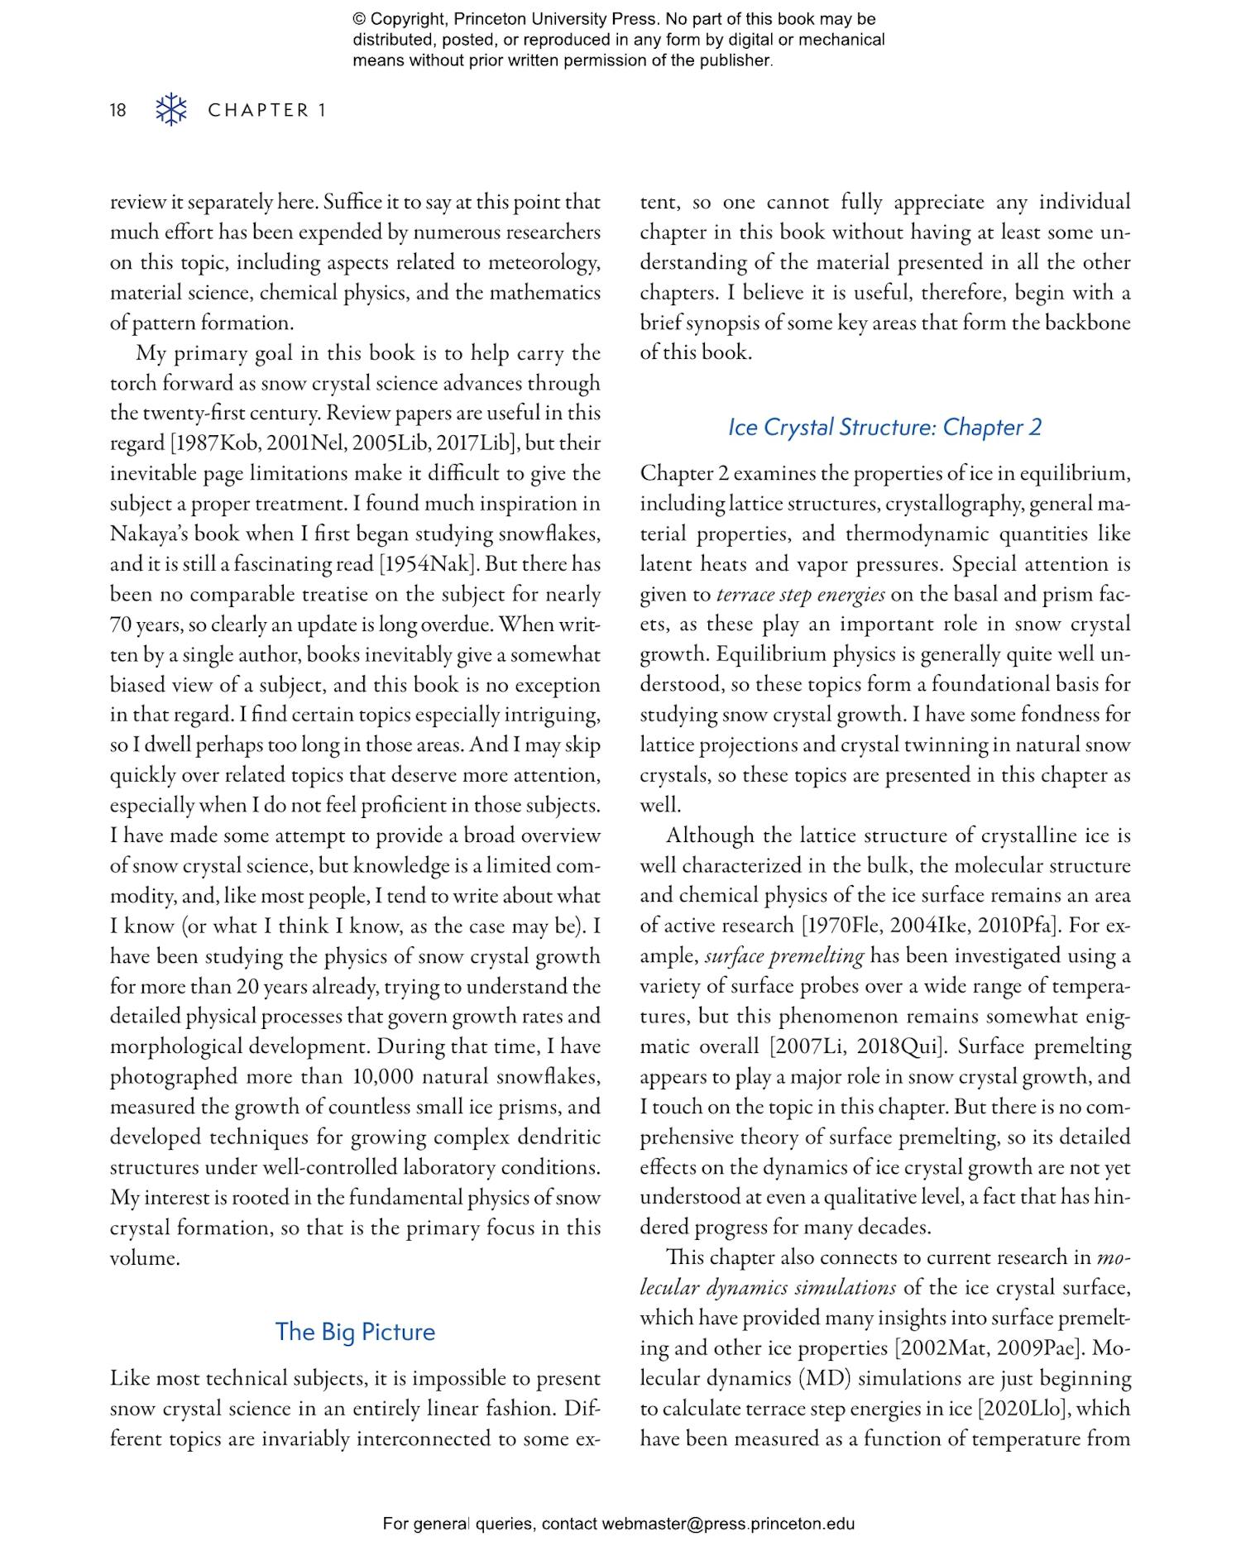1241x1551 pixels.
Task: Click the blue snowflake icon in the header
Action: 171,109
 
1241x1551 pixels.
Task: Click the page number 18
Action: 118,110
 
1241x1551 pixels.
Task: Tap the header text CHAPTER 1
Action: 266,110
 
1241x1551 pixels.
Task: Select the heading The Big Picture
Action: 355,1331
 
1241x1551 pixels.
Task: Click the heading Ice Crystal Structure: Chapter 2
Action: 884,427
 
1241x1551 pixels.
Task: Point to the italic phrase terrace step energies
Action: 800,595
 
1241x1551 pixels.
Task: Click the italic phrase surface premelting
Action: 783,956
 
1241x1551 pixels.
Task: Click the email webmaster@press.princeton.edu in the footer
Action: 727,1524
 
